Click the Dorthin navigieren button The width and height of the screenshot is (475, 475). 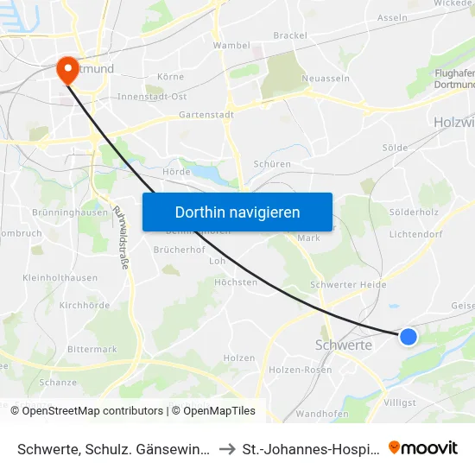[237, 212]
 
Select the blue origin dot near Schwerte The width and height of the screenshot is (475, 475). [408, 336]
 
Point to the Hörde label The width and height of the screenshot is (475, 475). [176, 172]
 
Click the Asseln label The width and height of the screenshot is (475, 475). [393, 17]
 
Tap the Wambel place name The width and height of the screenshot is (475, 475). [231, 45]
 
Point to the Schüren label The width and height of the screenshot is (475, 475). [272, 164]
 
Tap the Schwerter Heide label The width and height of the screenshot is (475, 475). [348, 285]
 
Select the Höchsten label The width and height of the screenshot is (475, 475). [236, 282]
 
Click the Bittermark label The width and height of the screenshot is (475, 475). [92, 349]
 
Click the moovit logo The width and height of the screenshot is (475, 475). [423, 447]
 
